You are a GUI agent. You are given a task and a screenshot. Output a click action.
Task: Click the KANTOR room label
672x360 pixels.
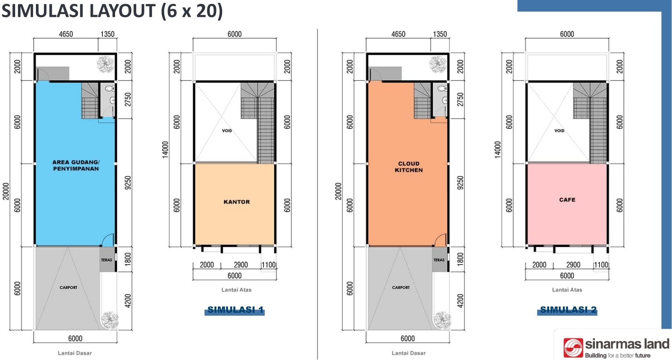coord(237,202)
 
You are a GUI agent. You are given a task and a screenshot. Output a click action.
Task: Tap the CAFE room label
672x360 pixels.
coord(567,200)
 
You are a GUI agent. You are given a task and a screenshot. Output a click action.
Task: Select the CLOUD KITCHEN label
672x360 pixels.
coord(409,167)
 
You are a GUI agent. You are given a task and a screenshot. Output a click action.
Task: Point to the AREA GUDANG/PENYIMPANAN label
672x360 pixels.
coord(76,165)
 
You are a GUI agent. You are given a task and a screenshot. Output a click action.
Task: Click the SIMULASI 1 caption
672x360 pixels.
coord(235,310)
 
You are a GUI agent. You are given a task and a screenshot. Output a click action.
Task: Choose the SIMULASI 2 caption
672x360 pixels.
coord(568,310)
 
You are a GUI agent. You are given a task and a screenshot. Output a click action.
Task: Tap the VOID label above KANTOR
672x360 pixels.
coord(227,131)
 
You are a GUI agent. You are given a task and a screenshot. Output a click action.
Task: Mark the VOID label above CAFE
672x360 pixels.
coord(559,131)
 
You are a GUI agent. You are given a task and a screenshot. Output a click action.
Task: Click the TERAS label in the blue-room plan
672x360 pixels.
coord(107,260)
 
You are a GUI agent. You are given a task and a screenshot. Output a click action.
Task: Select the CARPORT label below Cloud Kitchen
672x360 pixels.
coord(401,288)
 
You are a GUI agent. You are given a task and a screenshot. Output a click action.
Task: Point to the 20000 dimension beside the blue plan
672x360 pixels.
coord(6,191)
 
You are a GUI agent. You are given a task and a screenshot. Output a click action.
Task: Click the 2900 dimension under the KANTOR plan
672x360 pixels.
coord(241,265)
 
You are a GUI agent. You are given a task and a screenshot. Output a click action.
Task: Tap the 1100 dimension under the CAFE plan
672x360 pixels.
coord(601,265)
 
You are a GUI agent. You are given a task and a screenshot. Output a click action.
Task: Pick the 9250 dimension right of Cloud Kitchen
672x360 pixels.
coord(460,183)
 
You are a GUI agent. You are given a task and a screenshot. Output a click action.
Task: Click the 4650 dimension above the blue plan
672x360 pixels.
coord(66,34)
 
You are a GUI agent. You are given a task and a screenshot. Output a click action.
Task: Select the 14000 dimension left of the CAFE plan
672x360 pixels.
coord(497,150)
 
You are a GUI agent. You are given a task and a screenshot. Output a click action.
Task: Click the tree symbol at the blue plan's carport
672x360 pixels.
coord(110,320)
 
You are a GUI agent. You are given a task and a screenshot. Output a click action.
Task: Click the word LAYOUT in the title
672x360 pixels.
coord(121,11)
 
